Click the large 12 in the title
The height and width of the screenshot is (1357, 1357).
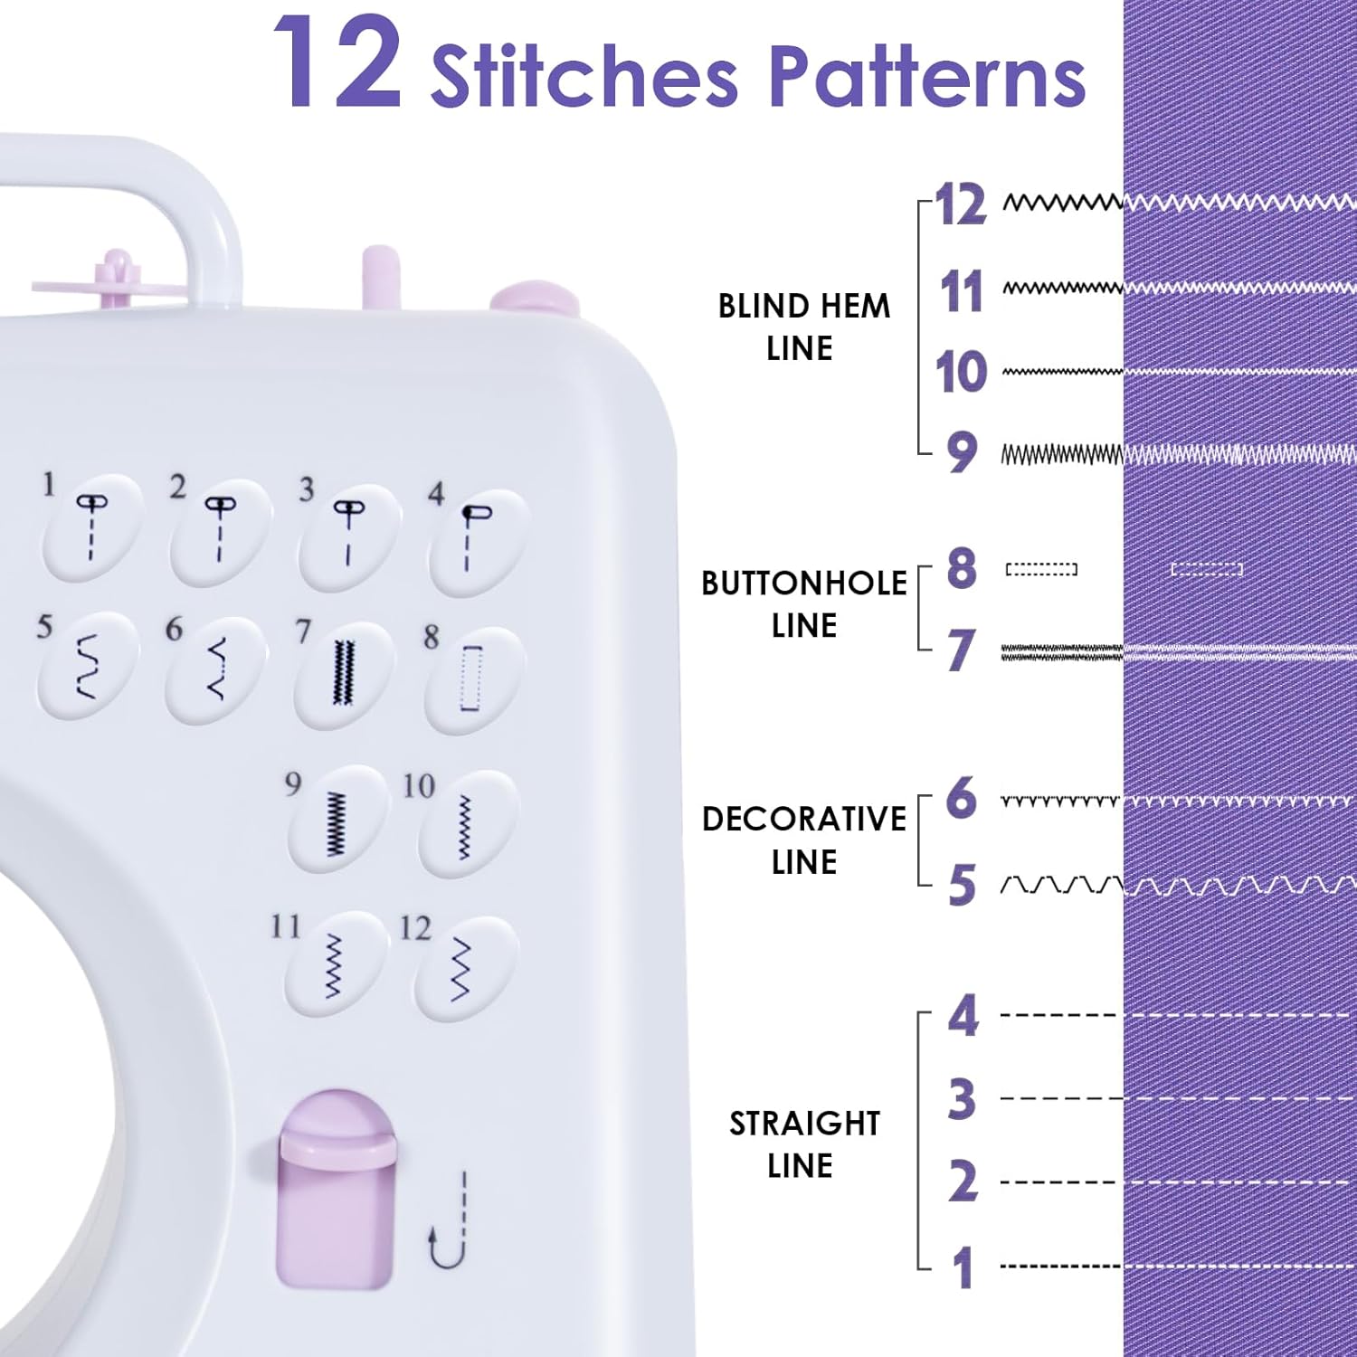point(337,63)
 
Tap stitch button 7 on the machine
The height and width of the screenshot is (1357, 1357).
point(343,674)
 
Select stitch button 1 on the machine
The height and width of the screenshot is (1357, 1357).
point(92,528)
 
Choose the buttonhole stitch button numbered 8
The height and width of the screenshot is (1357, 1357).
point(473,678)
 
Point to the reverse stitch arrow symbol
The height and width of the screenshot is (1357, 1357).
point(450,1220)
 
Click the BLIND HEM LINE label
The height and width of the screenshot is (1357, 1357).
point(803,327)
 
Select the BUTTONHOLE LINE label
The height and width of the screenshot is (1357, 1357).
point(803,604)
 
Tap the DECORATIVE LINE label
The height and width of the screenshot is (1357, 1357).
point(803,840)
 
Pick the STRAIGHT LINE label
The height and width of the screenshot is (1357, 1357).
point(803,1143)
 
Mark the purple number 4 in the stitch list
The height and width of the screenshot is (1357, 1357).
point(963,1016)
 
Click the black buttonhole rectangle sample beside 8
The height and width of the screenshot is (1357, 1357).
point(1041,569)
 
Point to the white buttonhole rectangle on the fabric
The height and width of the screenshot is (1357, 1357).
point(1207,569)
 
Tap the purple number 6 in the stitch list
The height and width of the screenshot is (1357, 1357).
point(962,798)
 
